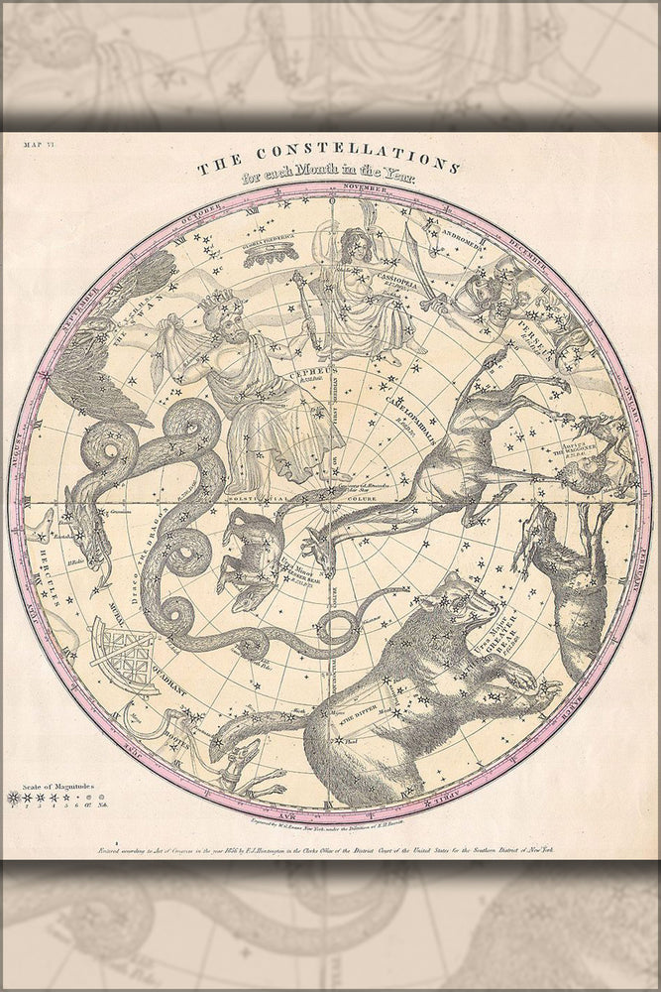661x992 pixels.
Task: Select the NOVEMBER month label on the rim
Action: coord(366,186)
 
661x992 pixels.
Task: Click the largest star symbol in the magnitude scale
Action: coord(14,797)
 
